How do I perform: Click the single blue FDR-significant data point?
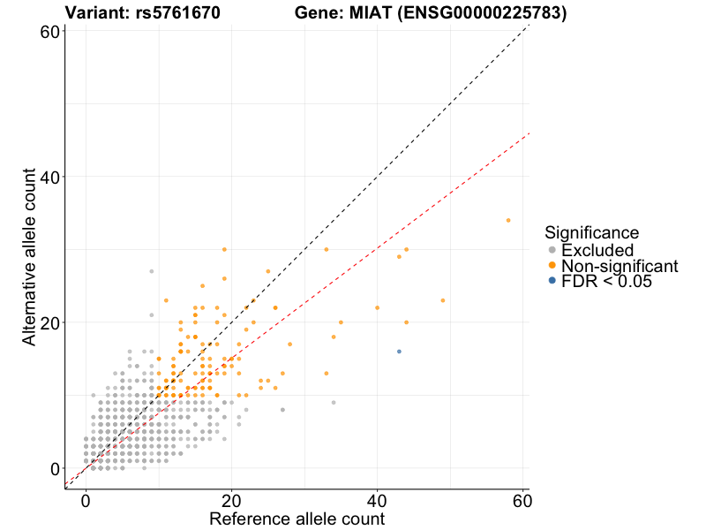tap(399, 352)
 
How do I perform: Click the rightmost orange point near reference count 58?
tap(508, 220)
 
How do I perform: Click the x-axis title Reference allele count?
tap(297, 519)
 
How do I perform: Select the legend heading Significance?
tap(591, 233)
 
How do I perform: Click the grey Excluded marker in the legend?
tap(552, 251)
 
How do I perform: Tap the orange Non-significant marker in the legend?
tap(552, 266)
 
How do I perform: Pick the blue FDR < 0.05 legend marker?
tap(552, 281)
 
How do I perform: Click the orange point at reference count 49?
tap(443, 300)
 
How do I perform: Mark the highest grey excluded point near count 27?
tap(151, 271)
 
